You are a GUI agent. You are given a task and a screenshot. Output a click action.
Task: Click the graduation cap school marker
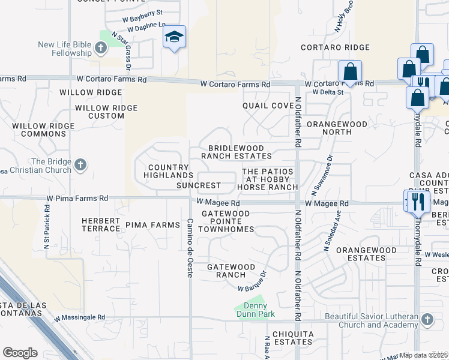(x=174, y=38)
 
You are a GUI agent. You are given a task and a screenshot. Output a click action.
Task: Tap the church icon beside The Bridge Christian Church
(x=80, y=164)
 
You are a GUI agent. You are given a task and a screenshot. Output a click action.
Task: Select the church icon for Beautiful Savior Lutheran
(x=427, y=319)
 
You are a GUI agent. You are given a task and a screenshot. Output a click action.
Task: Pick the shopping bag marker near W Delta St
(x=350, y=72)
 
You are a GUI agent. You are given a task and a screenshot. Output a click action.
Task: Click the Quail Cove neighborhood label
(x=268, y=105)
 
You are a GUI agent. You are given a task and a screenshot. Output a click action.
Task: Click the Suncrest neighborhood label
(x=198, y=185)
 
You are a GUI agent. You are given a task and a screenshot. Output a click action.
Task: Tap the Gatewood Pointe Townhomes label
(x=226, y=221)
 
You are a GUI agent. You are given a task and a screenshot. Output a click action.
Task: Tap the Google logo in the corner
(x=20, y=352)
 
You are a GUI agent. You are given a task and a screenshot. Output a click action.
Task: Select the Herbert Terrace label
(x=101, y=224)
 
